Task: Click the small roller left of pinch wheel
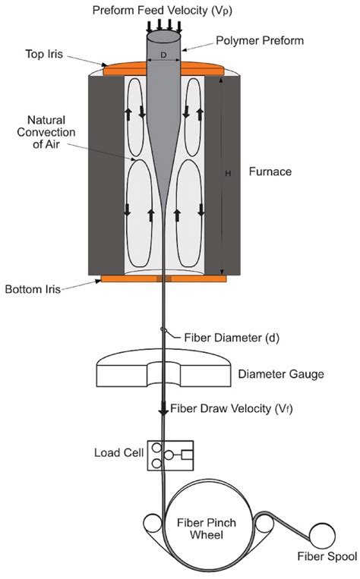tap(150, 524)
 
